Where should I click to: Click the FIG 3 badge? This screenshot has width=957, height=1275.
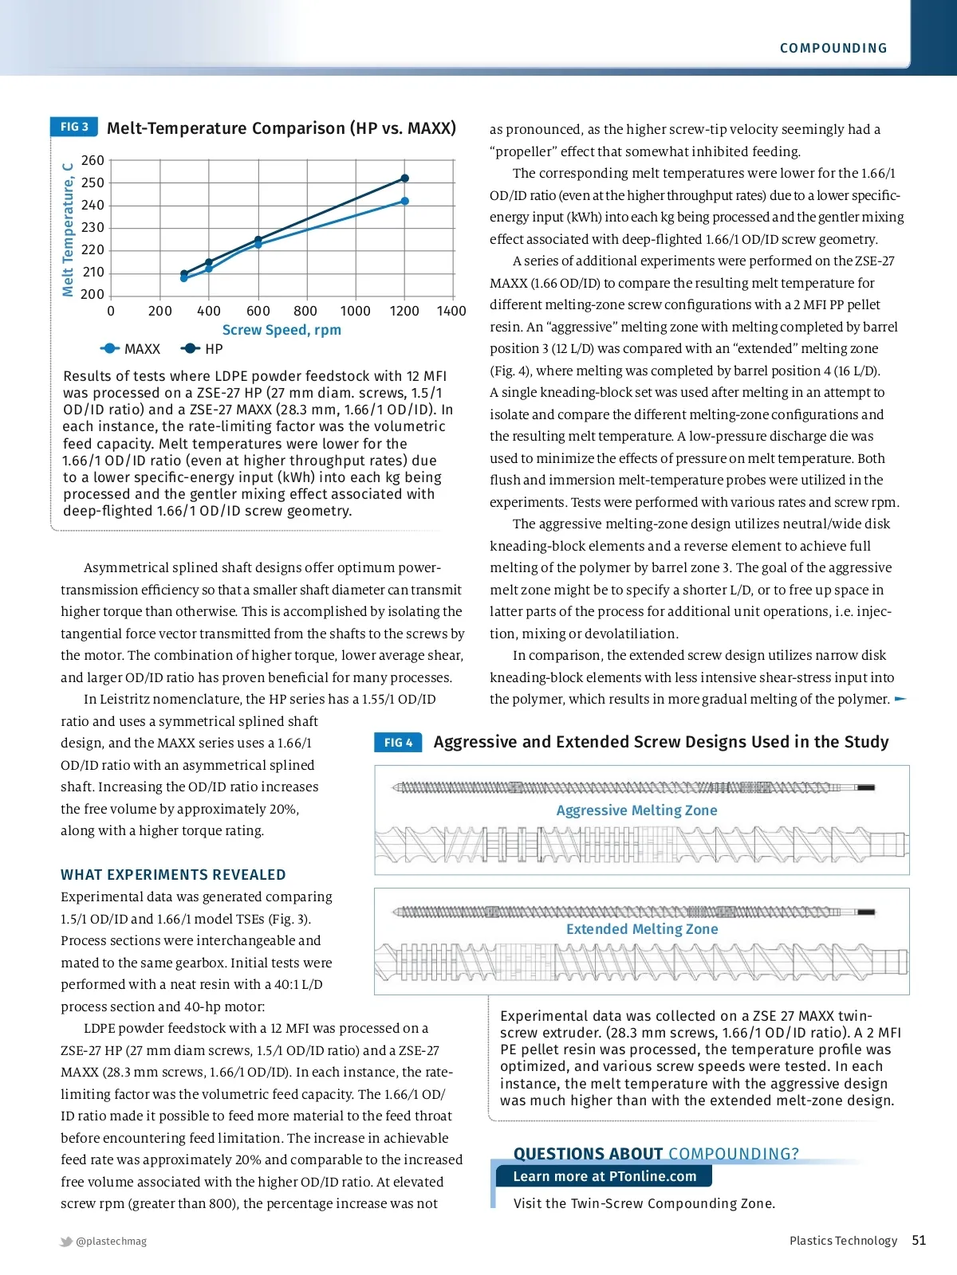[x=74, y=127]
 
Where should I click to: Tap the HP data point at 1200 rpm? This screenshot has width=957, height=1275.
[x=404, y=178]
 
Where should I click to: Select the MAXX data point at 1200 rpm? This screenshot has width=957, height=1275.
[x=404, y=201]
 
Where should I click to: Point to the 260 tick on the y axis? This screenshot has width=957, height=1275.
[x=93, y=160]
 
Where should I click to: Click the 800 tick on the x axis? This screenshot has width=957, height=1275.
[x=305, y=311]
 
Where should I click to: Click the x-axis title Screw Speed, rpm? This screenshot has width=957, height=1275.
[x=282, y=330]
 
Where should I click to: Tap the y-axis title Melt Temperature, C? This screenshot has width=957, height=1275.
[x=69, y=229]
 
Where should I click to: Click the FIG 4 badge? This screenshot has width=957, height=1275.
[x=398, y=743]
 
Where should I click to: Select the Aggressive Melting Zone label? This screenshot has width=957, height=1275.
[x=636, y=810]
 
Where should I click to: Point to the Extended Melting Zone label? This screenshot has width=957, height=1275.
[x=642, y=929]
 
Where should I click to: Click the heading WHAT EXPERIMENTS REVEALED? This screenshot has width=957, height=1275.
[x=173, y=874]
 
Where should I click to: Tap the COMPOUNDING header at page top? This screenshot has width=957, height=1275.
[x=833, y=48]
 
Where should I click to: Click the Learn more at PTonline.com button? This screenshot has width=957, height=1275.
[x=604, y=1176]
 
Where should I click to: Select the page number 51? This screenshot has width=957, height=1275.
[x=919, y=1240]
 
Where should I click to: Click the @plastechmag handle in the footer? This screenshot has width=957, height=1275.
[x=111, y=1241]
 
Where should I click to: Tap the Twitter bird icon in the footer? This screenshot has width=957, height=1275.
[x=66, y=1242]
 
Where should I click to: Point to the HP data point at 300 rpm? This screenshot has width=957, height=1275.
[x=184, y=273]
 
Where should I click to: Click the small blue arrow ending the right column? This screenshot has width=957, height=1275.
[x=900, y=699]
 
